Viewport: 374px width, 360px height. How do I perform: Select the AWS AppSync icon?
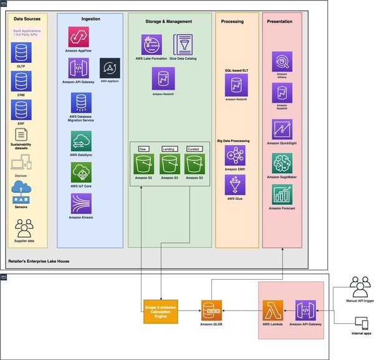[x=110, y=68]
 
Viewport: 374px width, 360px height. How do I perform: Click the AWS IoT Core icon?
[x=82, y=172]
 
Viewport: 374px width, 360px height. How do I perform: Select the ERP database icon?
[x=21, y=110]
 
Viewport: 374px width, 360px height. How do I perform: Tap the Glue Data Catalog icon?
[x=183, y=44]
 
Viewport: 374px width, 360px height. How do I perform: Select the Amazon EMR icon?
[x=235, y=155]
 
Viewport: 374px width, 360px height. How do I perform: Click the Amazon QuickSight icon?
[x=282, y=130]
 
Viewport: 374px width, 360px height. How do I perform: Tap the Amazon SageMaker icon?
[x=282, y=163]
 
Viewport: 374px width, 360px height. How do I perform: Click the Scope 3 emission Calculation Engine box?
[x=161, y=310]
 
